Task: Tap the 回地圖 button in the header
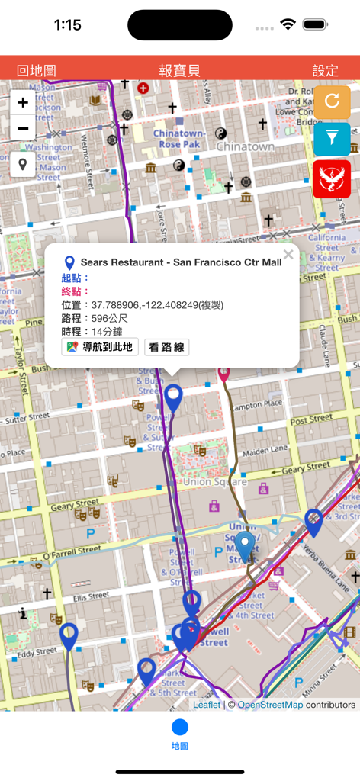(x=36, y=71)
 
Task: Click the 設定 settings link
(x=325, y=71)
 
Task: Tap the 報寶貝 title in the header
(x=180, y=71)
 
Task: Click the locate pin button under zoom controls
(x=23, y=164)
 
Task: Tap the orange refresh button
(x=332, y=101)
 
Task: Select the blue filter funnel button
(x=332, y=140)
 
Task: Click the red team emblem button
(x=332, y=179)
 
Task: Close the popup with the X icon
(x=288, y=255)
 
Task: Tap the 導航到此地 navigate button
(x=100, y=347)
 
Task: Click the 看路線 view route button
(x=166, y=347)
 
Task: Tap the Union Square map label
(x=215, y=481)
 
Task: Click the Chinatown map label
(x=245, y=146)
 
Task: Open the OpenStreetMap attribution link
(x=270, y=705)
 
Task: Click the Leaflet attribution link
(x=206, y=705)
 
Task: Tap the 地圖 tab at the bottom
(x=180, y=734)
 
